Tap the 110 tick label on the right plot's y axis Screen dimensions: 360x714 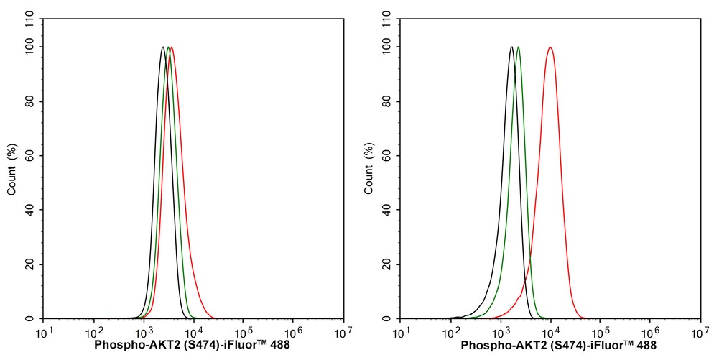[385, 20]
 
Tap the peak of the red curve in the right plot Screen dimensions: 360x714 [550, 47]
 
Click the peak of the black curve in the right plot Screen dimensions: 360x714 [511, 47]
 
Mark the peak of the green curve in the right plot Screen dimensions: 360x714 [519, 47]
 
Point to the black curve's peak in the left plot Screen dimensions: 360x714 [163, 47]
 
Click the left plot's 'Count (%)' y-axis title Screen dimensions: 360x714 [11, 170]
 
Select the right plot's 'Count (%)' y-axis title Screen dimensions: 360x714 [368, 170]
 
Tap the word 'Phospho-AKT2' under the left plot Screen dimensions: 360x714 [128, 346]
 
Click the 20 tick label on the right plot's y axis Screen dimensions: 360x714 [387, 264]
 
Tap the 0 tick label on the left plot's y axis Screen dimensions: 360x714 [33, 318]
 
